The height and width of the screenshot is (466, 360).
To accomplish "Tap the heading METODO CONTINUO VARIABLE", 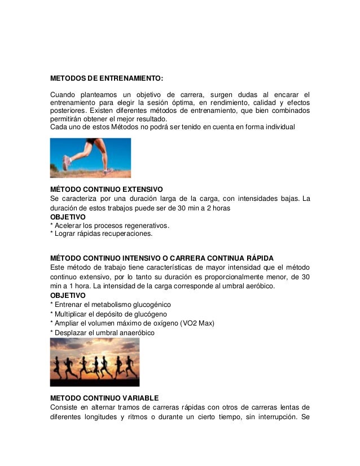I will (104, 397).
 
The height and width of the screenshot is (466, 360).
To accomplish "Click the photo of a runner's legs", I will (91, 158).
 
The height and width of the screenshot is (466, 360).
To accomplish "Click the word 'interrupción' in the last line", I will (276, 418).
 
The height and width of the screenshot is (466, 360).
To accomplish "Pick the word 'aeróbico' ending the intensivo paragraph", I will (259, 286).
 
